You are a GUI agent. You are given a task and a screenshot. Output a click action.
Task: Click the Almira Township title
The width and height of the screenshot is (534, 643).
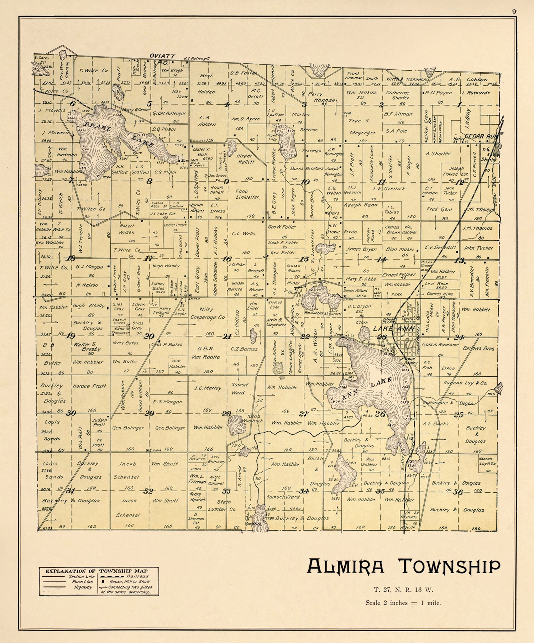(403, 566)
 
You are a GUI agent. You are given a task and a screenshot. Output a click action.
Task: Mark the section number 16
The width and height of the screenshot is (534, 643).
(226, 259)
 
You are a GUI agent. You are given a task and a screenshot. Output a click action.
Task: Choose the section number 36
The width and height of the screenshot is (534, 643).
(458, 492)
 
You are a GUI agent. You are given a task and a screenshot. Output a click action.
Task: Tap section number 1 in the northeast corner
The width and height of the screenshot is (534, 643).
(459, 105)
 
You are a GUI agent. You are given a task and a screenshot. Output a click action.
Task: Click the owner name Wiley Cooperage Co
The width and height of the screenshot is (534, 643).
(208, 313)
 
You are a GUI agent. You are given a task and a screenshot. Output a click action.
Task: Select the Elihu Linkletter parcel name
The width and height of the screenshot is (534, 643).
(247, 194)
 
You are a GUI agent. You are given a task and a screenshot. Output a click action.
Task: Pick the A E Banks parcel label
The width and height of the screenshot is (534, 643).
(435, 424)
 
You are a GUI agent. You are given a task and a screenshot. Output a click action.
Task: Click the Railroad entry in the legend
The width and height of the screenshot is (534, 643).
(137, 576)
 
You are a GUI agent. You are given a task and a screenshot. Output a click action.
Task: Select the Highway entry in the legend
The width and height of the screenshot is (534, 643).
(83, 587)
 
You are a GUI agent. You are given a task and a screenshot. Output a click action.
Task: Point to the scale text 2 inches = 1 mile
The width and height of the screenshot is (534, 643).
(403, 603)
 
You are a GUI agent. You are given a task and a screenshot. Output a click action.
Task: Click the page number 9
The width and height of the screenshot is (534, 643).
(514, 11)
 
